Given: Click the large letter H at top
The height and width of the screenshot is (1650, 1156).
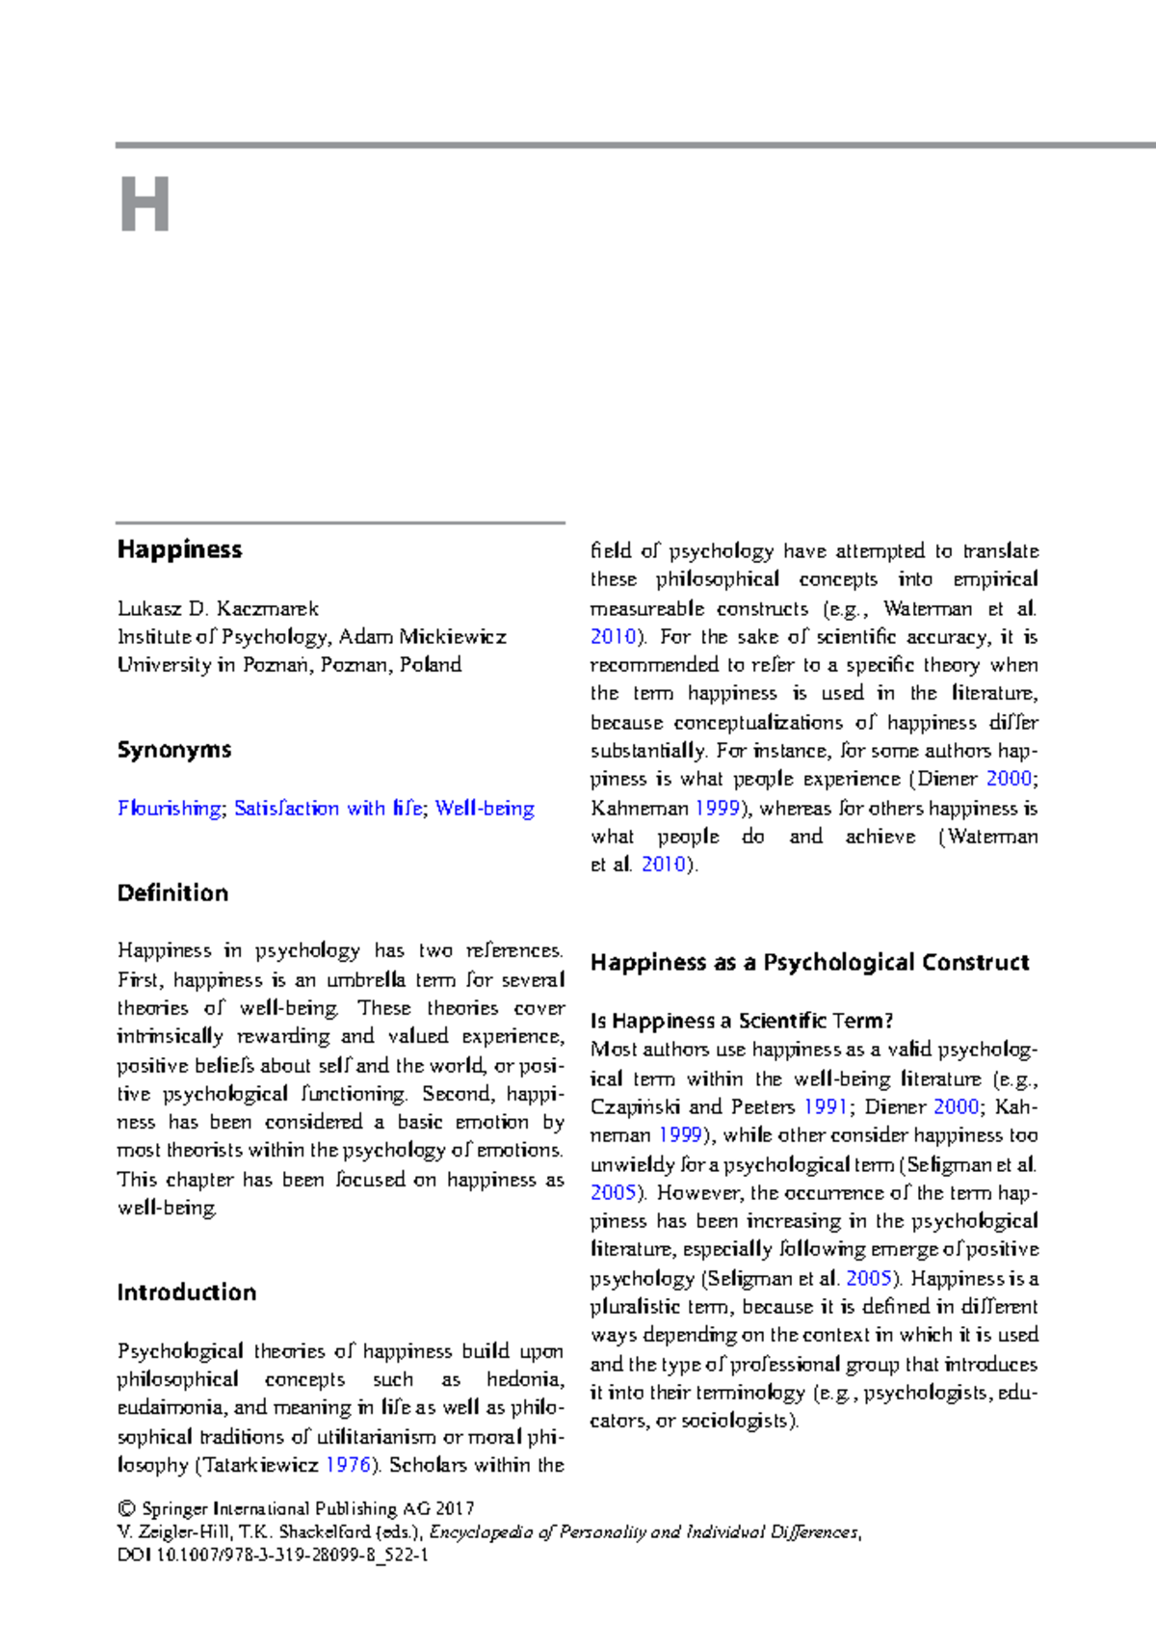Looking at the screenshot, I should [x=144, y=204].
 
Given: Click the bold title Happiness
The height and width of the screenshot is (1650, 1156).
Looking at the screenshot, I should [x=179, y=549].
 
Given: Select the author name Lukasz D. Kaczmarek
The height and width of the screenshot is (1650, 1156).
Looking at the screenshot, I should [x=218, y=608].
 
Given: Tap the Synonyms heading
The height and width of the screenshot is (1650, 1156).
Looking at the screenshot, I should [x=173, y=750].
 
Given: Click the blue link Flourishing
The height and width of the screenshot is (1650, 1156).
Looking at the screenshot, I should [x=169, y=808].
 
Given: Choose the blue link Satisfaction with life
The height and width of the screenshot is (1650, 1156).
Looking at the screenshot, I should [x=328, y=808].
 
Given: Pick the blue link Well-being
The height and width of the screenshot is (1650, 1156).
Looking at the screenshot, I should [x=485, y=808].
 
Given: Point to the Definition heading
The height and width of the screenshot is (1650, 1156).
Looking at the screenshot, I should [x=172, y=892].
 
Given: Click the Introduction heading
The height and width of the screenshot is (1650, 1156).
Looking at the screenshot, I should [x=186, y=1292].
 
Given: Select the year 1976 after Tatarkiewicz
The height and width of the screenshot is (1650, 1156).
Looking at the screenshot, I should [x=348, y=1464].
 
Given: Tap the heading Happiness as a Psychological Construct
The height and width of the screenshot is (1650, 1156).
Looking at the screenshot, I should [x=809, y=962].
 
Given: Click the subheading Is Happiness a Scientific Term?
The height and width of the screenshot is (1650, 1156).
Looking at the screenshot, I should [x=742, y=1021].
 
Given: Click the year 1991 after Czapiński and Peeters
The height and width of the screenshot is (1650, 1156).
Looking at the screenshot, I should [x=826, y=1106].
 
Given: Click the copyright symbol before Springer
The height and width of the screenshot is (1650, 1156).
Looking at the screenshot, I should [x=125, y=1508].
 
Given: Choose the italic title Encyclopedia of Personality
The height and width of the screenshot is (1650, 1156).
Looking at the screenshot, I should [x=644, y=1531].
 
